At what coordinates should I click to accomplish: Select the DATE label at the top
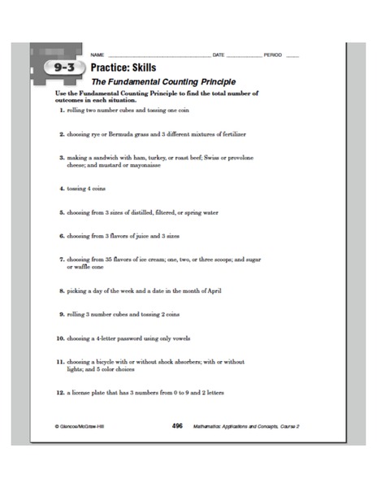218,54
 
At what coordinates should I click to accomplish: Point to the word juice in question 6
134,236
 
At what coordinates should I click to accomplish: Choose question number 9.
61,313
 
